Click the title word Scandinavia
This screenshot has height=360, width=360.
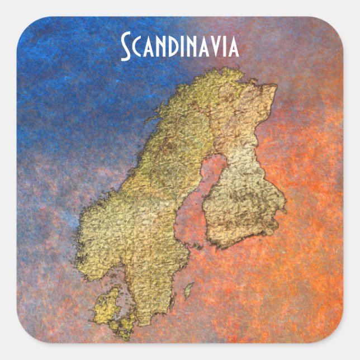coord(180,47)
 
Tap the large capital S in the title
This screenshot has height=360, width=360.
coord(126,48)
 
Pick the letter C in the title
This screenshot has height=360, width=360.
coord(138,49)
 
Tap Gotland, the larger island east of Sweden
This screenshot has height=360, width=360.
coord(189,290)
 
